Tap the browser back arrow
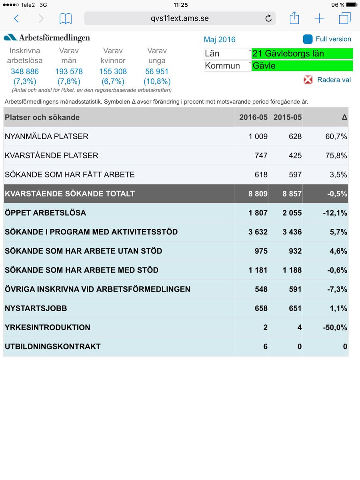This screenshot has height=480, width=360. pos(16,18)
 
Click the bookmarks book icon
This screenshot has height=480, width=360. pos(65,18)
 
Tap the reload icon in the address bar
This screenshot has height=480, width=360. pos(268,18)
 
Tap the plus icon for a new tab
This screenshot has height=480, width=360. pos(319,18)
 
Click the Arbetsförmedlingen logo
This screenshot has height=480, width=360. pos(47,38)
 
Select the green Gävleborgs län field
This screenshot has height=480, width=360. pos(302,54)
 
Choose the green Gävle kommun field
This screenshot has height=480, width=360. pos(302,66)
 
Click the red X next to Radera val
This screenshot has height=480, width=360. pos(308,80)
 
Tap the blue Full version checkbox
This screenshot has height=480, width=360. pos(308,39)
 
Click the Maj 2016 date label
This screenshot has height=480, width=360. pos(220,40)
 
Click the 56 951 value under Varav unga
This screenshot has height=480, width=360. pos(156,72)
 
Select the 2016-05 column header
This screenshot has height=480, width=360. pos(253,118)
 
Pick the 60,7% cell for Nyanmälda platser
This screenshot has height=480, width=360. pos(336,136)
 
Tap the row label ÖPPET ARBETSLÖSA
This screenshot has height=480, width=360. pos(46,213)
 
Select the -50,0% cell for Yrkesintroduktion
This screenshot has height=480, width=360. pos(335,328)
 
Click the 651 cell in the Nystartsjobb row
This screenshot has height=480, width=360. pos(295,308)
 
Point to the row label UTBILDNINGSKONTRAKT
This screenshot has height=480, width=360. pos(53,347)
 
